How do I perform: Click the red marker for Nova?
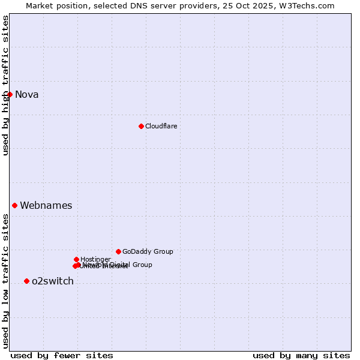coord(10,94)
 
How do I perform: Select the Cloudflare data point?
coord(141,126)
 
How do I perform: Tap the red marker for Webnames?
coord(14,205)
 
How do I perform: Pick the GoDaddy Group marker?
coord(118,251)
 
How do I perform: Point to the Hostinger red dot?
coord(76,259)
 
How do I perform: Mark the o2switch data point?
coord(26,281)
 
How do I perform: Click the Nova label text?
coord(26,94)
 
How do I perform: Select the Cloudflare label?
coord(161,126)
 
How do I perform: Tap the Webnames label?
coord(46,205)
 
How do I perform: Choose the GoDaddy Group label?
coord(148,251)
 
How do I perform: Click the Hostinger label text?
coord(95,259)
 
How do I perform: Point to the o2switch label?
coord(52,281)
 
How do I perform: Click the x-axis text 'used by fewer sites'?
coord(62,355)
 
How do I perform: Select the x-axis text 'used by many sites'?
coord(301,355)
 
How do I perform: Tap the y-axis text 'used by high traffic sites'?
coord(6,86)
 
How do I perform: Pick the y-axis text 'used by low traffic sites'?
coord(6,281)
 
